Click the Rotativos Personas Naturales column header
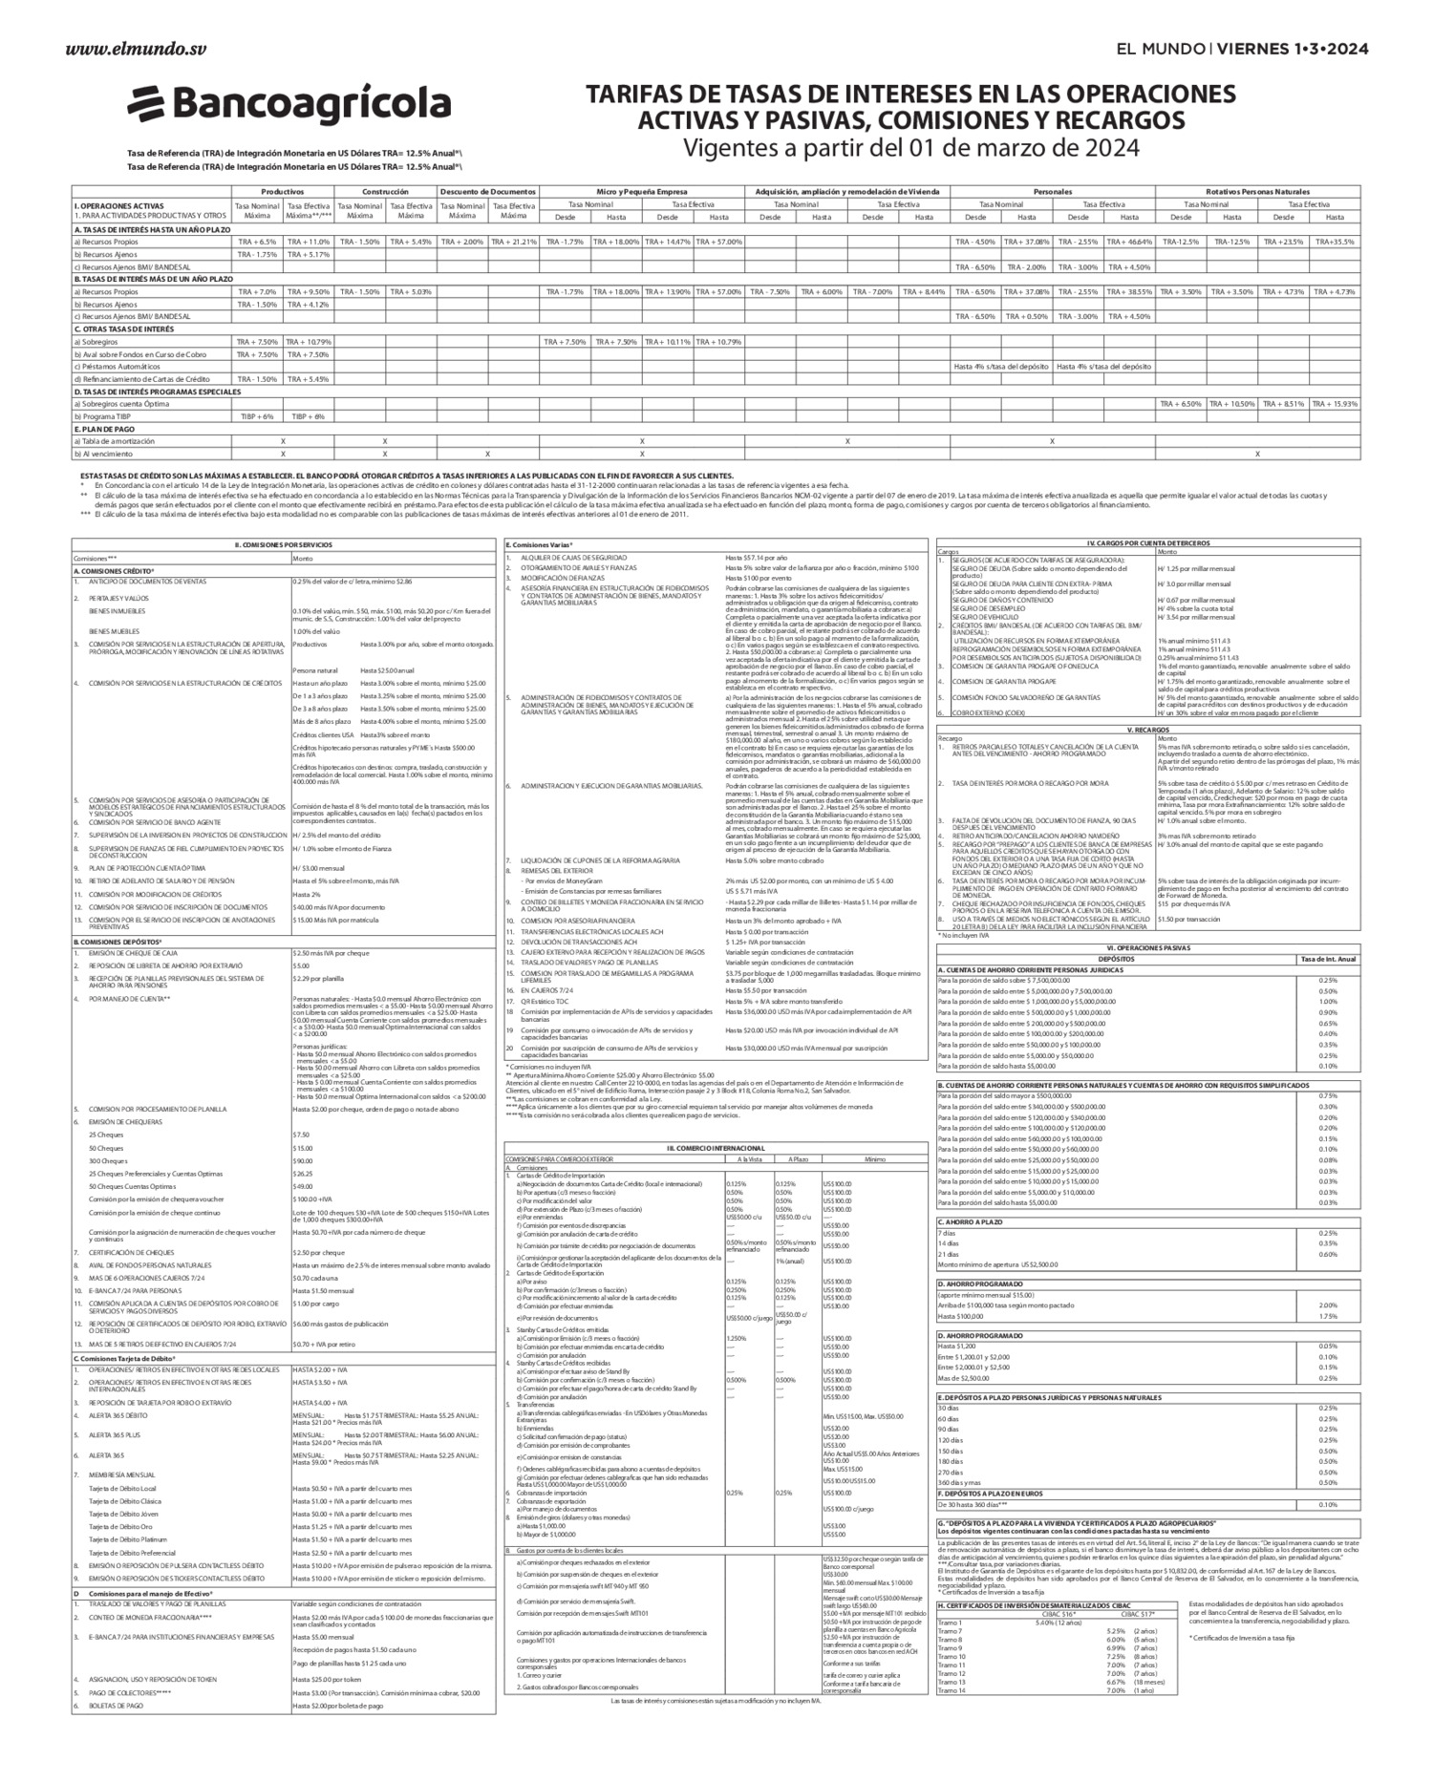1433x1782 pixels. [x=1257, y=192]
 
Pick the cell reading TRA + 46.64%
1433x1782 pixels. [x=1129, y=242]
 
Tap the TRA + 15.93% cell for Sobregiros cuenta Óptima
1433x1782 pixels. [x=1335, y=404]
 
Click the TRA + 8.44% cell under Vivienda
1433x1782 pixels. [x=924, y=291]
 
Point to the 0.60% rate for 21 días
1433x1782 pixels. [x=1328, y=1254]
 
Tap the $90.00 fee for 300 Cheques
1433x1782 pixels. [x=303, y=1160]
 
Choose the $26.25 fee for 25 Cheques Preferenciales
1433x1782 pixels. [x=303, y=1173]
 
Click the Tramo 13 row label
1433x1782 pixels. [x=952, y=1682]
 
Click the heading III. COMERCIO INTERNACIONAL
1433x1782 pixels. [x=716, y=1147]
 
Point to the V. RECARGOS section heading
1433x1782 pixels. [x=1148, y=729]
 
